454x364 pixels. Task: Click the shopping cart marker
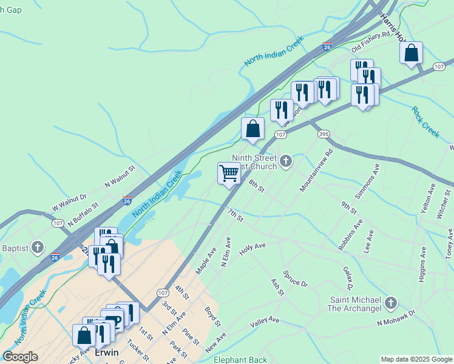pos(229,174)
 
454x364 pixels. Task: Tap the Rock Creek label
pos(425,122)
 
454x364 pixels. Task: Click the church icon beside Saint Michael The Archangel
pos(391,303)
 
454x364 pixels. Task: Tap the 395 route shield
pos(324,133)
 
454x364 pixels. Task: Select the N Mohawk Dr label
pos(396,318)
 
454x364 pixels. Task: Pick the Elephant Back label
pos(240,360)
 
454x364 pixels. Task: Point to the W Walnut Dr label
pos(70,201)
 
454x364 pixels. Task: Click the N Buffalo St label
pos(83,216)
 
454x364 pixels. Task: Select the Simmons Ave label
pos(367,180)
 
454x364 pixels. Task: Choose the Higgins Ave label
pos(422,266)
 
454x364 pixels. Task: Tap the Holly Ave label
pos(252,249)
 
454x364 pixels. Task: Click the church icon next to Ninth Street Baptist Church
pos(286,161)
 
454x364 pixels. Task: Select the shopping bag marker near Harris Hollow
pos(411,53)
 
